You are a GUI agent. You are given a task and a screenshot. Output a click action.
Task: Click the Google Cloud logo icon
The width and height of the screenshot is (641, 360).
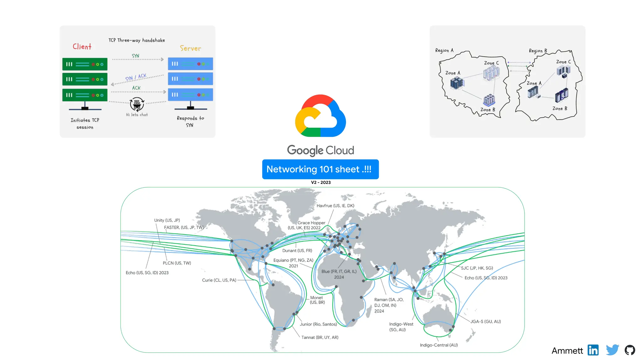[x=320, y=116]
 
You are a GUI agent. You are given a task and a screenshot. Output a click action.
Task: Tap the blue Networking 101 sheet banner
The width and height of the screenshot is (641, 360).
[x=320, y=169]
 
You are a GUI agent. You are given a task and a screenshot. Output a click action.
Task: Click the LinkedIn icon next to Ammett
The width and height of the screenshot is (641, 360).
[x=593, y=350]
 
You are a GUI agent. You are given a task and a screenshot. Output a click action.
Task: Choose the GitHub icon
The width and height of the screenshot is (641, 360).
[x=630, y=350]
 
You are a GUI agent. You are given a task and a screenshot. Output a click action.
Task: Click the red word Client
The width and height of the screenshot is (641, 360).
[x=82, y=47]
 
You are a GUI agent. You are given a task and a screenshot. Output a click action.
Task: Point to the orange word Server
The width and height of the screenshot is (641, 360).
[x=190, y=48]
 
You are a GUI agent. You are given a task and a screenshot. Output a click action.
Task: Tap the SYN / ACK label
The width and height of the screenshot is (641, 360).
[x=136, y=77]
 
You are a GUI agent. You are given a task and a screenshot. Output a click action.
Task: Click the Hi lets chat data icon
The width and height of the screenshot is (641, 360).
[x=137, y=104]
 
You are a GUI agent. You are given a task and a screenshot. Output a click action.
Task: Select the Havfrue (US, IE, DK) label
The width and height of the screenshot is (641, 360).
[x=335, y=205]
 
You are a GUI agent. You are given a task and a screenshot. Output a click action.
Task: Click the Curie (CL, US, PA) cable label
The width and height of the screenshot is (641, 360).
[x=219, y=280]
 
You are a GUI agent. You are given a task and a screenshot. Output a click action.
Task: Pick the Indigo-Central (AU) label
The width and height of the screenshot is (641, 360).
[x=438, y=345]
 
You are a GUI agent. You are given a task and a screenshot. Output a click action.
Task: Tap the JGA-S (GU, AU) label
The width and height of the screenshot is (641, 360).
[x=485, y=321]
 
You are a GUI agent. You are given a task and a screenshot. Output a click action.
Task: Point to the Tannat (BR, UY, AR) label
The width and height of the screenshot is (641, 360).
[x=320, y=337]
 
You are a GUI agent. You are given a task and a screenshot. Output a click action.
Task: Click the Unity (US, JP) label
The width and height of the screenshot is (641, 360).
[x=167, y=220]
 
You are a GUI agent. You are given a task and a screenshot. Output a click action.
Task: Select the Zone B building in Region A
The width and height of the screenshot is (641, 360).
[x=489, y=100]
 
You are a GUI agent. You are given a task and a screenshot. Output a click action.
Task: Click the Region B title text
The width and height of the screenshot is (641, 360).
[x=538, y=51]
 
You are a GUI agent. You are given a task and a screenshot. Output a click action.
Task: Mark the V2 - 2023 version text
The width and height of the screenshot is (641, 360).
[x=320, y=182]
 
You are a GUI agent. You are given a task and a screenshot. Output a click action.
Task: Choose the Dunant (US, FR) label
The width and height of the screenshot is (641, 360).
[x=297, y=251]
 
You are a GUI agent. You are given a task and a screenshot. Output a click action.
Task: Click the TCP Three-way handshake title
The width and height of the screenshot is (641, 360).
[x=136, y=40]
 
